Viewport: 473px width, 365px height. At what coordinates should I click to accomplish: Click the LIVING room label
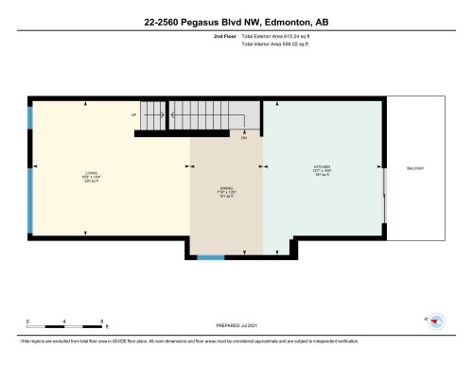pyautogui.click(x=91, y=173)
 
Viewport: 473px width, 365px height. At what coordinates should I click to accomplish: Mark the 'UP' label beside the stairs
pyautogui.click(x=134, y=115)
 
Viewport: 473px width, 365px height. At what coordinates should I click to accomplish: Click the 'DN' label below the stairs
pyautogui.click(x=243, y=138)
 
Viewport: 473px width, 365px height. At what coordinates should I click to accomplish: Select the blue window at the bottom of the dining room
pyautogui.click(x=211, y=256)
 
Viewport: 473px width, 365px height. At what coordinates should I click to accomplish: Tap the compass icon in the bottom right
pyautogui.click(x=438, y=321)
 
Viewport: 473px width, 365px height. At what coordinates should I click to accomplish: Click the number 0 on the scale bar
pyautogui.click(x=27, y=322)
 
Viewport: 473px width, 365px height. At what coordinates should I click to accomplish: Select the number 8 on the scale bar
pyautogui.click(x=101, y=322)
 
